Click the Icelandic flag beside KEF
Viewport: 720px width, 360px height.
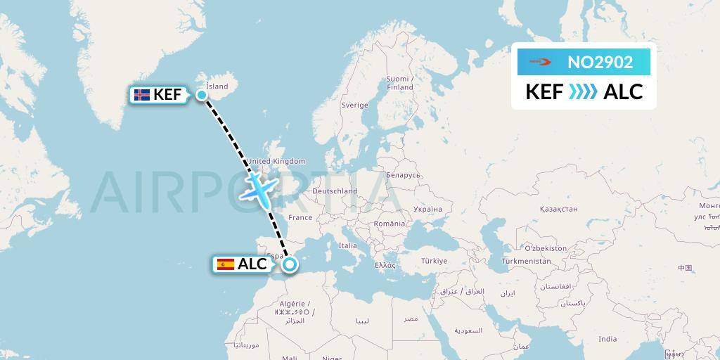click(x=141, y=95)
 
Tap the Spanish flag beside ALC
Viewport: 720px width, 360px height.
click(x=226, y=264)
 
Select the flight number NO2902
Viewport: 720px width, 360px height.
click(x=600, y=63)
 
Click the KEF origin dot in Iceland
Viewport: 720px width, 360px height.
click(x=202, y=95)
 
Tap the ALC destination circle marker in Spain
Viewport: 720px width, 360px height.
click(x=290, y=265)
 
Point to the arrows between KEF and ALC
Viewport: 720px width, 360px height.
click(x=583, y=92)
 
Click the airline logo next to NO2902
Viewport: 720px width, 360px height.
click(x=540, y=63)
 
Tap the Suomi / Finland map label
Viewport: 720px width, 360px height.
click(x=399, y=83)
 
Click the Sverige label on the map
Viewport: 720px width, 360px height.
click(x=354, y=105)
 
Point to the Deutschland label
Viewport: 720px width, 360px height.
click(x=335, y=191)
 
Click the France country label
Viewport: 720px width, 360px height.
click(x=299, y=218)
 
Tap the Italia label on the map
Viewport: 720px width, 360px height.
click(x=347, y=246)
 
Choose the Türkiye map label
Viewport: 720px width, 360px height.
click(x=435, y=261)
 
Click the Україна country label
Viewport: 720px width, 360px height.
click(x=427, y=209)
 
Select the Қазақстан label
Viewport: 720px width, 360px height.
click(x=558, y=209)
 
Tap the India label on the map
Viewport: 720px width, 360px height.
click(x=607, y=339)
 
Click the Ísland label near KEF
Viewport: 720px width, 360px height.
click(x=217, y=86)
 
